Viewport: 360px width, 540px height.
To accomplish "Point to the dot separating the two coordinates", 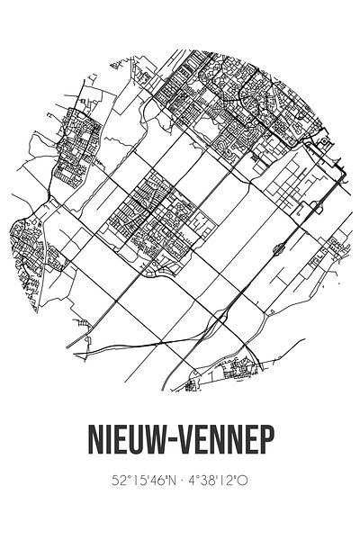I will [181, 480].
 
